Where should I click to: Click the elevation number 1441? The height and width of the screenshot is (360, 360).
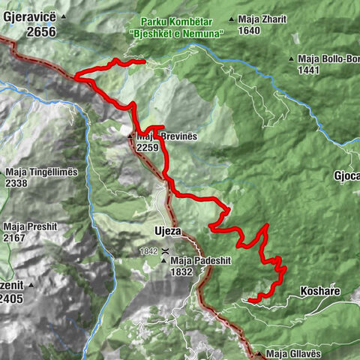point(311,70)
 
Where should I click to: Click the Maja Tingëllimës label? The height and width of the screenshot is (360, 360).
point(41,172)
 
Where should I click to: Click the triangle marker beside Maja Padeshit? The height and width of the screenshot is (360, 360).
point(164,261)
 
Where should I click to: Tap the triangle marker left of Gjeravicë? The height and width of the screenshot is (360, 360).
point(64,16)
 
